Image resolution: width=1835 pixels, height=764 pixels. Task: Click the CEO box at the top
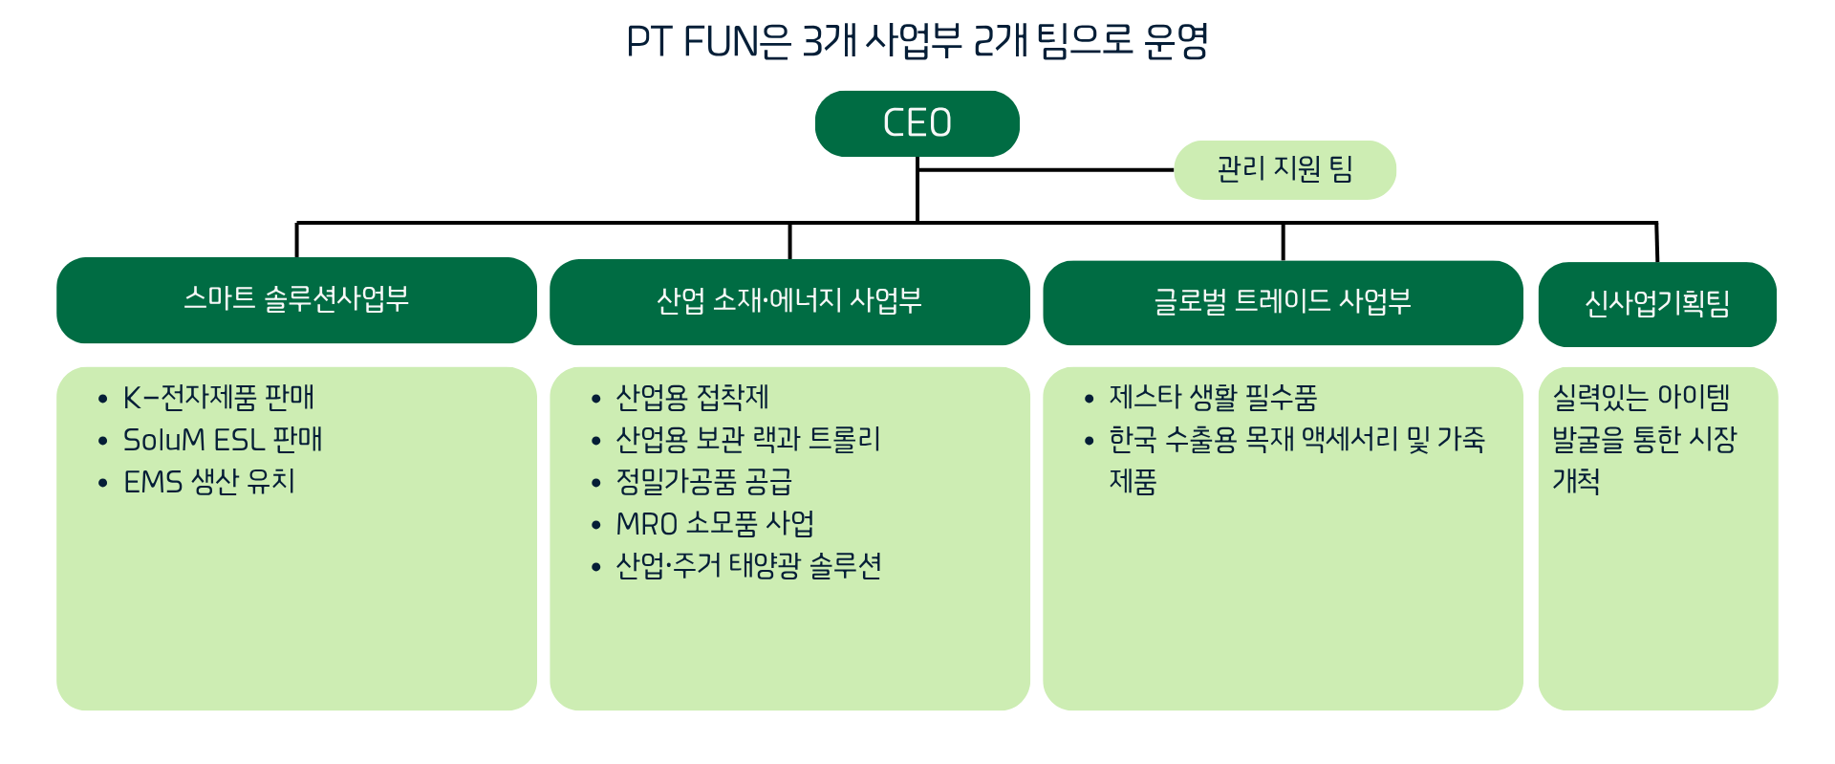click(917, 123)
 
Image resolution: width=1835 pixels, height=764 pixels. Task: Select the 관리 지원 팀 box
click(1284, 170)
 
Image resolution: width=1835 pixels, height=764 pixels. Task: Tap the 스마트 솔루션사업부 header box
click(296, 299)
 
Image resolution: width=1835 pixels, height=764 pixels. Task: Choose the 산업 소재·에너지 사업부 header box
click(789, 301)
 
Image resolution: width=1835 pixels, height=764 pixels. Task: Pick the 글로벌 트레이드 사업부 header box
click(1283, 302)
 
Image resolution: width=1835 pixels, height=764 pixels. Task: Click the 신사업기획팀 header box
click(1657, 304)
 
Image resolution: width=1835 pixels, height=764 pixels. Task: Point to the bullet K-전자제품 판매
click(219, 397)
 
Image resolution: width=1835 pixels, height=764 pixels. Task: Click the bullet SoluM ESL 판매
click(223, 440)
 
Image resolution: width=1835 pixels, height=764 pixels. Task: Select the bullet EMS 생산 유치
click(209, 482)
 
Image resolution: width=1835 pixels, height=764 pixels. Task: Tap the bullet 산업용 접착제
click(692, 397)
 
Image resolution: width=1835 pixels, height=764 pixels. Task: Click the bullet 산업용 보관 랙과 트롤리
click(748, 440)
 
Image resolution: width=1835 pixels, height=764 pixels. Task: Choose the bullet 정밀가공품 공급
click(704, 482)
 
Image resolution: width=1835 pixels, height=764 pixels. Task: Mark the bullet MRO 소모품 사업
click(715, 524)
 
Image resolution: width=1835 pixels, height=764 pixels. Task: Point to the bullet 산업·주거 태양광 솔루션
click(748, 566)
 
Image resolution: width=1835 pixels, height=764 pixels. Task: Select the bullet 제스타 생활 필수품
click(1213, 397)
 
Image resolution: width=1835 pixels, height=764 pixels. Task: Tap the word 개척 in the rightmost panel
click(1576, 481)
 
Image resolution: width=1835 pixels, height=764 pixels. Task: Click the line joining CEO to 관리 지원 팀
click(1047, 170)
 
